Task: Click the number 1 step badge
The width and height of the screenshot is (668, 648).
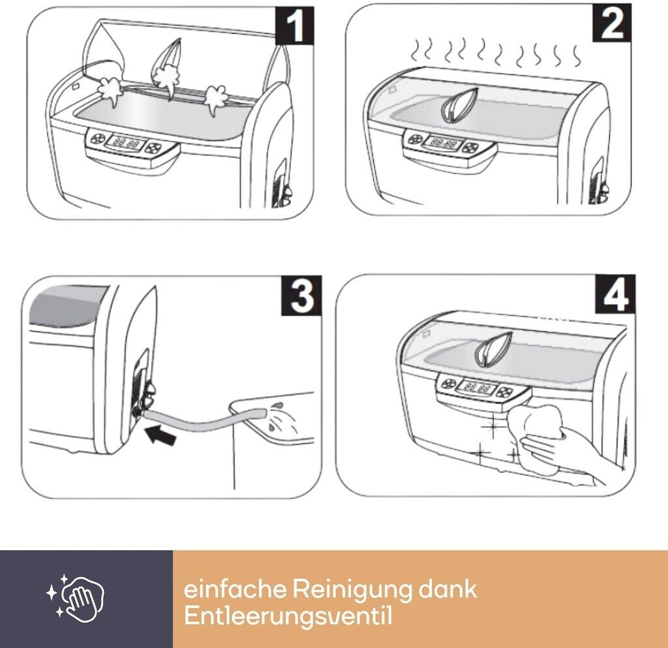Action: (294, 25)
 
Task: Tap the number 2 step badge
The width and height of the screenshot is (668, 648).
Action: (612, 23)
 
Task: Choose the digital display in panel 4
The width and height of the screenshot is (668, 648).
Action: (477, 388)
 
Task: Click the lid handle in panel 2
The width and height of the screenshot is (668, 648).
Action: (459, 106)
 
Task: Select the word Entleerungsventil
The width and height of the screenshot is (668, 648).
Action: (288, 617)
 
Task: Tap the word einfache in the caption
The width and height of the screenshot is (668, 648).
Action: (235, 589)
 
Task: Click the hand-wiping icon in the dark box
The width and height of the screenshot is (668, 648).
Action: (76, 596)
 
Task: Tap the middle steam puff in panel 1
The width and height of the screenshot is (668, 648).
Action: (166, 77)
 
